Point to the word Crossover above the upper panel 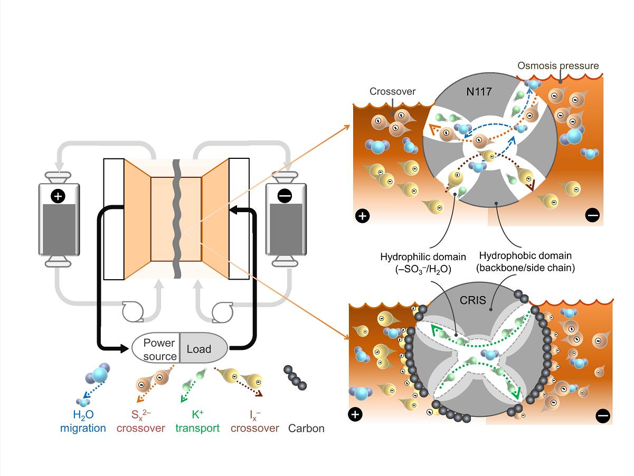392,92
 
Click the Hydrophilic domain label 423,262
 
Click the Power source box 159,349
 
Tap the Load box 198,349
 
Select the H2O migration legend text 83,422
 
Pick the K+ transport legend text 198,422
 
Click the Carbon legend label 307,429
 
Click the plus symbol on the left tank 58,197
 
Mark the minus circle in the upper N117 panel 592,215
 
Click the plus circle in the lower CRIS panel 356,414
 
